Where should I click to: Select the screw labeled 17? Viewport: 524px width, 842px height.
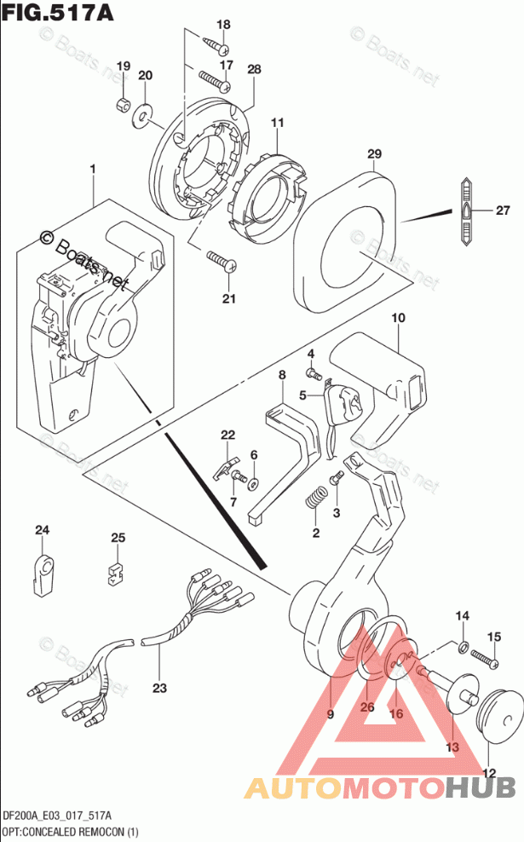tap(216, 81)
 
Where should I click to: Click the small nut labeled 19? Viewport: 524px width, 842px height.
tap(122, 105)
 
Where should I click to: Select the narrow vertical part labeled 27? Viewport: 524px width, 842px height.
tap(467, 211)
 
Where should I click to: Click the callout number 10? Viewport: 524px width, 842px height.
tap(397, 318)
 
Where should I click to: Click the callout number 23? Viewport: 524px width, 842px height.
tap(159, 688)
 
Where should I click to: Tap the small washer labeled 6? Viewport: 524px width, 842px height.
tap(253, 483)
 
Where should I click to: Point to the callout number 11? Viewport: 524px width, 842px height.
tap(277, 124)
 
